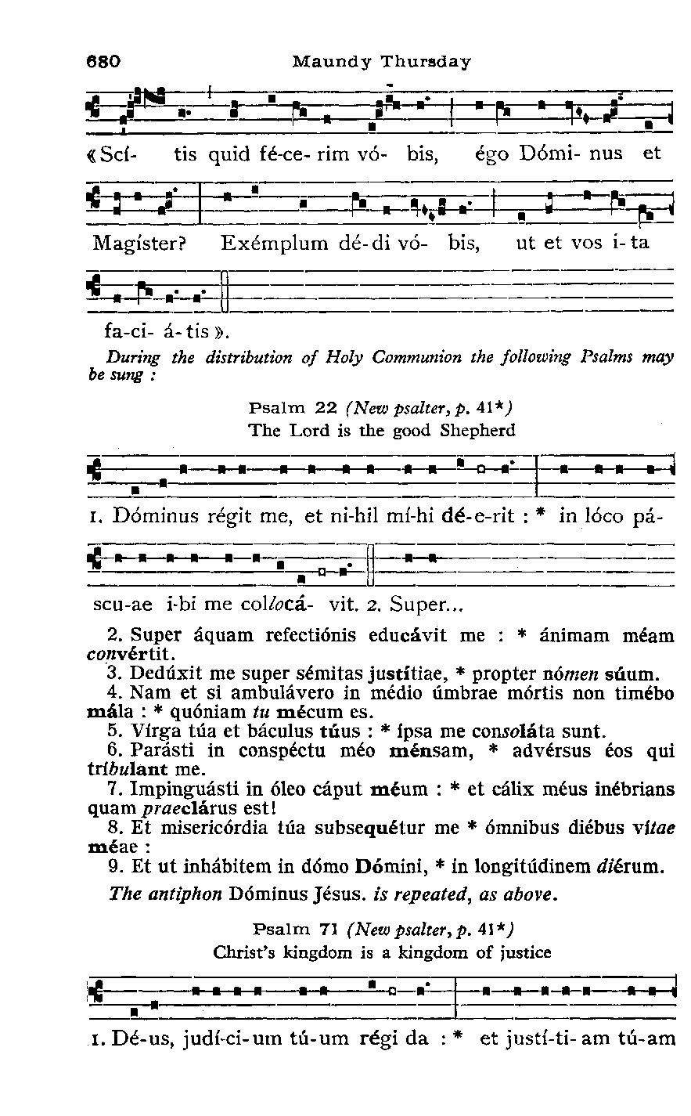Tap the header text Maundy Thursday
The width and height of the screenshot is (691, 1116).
381,61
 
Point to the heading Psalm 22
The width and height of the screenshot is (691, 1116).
292,407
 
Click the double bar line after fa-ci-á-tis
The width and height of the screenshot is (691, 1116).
225,290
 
